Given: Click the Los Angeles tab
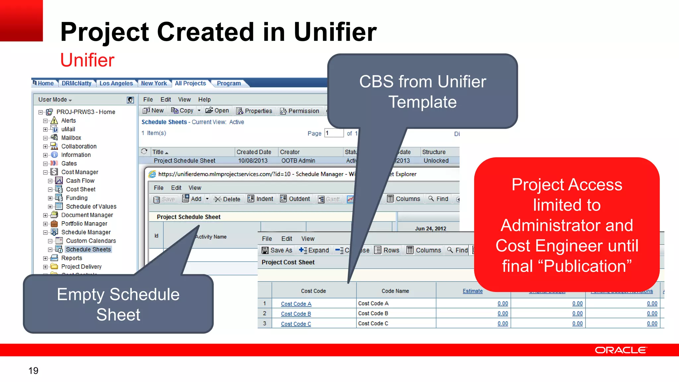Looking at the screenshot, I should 116,83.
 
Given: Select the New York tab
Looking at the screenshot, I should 154,83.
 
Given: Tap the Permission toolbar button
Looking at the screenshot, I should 300,111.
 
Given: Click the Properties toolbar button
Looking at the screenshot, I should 254,111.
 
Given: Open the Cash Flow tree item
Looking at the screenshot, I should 80,181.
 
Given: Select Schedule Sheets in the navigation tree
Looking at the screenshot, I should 88,249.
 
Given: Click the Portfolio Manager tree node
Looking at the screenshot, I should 84,223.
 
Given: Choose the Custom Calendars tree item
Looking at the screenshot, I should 91,241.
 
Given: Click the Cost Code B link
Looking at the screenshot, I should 296,314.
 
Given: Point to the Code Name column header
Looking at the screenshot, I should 395,291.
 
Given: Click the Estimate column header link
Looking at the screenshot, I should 472,291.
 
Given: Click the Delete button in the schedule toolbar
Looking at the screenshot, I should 227,199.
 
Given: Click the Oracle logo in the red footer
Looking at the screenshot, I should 620,350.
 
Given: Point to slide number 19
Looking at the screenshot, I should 33,370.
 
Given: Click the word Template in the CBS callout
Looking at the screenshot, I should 422,102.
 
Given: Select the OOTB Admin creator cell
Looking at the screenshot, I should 298,160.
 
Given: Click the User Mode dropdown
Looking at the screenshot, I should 55,99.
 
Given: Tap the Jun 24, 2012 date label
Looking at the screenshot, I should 430,228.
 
